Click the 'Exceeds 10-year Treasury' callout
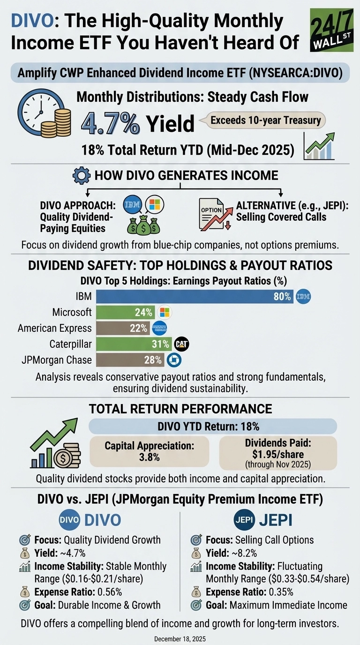click(x=265, y=120)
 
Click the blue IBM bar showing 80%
click(x=195, y=296)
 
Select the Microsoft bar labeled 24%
click(x=127, y=312)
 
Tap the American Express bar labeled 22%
click(x=123, y=328)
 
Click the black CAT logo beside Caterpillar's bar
click(x=181, y=344)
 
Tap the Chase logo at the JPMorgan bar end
click(x=174, y=360)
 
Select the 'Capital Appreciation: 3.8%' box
click(x=150, y=451)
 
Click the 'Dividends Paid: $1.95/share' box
click(x=277, y=452)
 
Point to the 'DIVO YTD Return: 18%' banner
click(x=213, y=427)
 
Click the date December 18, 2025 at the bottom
click(x=180, y=638)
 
